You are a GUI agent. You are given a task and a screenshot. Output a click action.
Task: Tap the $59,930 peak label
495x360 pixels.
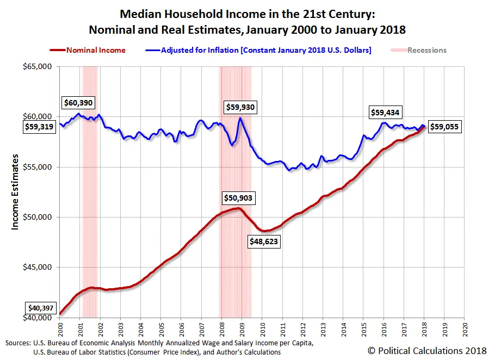(x=239, y=108)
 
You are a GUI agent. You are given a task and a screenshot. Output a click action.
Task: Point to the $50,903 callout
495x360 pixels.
(x=238, y=198)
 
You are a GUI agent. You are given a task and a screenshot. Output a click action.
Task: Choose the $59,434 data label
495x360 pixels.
(x=385, y=113)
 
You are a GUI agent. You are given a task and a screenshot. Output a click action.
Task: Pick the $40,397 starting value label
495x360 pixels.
(x=41, y=309)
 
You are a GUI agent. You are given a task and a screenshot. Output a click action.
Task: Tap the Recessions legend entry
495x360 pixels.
(x=419, y=50)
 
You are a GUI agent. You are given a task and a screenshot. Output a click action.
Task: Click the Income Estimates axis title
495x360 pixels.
(x=15, y=191)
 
